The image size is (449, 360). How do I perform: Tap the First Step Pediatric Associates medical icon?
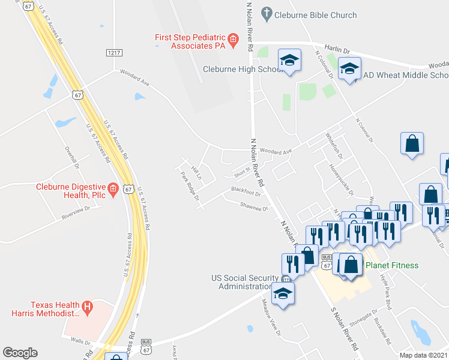click(233, 41)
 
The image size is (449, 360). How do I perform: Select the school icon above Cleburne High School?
click(289, 61)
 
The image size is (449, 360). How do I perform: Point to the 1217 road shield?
click(114, 53)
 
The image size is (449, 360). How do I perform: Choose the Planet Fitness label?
click(393, 265)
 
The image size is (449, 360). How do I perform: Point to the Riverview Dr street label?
click(75, 213)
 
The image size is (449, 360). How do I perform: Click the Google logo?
click(20, 353)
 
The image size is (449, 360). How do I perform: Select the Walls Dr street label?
click(79, 341)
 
